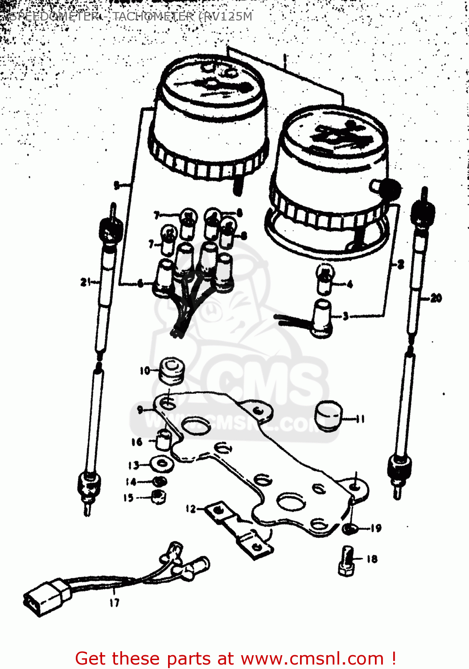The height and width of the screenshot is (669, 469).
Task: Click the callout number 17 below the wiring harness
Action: [x=115, y=603]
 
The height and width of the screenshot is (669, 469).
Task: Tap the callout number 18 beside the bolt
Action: [x=372, y=559]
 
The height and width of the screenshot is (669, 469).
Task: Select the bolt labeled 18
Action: [x=346, y=561]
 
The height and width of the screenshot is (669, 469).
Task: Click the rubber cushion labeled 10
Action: [x=172, y=370]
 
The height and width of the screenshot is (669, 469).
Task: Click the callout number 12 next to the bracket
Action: [x=191, y=509]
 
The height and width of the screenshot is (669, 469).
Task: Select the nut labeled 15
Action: [x=158, y=496]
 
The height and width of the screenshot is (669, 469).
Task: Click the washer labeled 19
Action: [x=349, y=529]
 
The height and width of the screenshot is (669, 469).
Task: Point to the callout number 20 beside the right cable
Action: [x=436, y=298]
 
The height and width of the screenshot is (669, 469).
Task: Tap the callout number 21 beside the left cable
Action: [x=86, y=282]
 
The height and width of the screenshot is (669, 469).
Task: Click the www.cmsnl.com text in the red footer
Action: [x=312, y=659]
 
